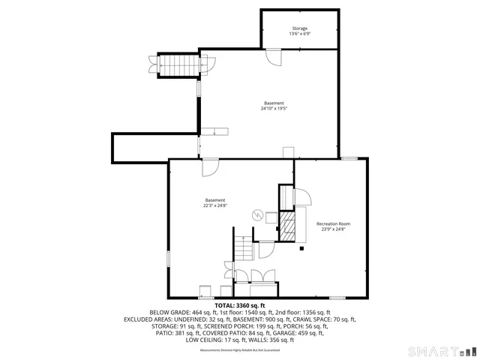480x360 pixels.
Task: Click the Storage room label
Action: (300, 28)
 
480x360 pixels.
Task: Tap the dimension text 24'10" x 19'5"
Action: (274, 109)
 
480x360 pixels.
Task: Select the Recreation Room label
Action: (333, 224)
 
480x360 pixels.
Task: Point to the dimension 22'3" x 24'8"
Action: (215, 205)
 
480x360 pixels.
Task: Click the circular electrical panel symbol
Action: (257, 215)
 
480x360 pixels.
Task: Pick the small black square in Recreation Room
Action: (301, 247)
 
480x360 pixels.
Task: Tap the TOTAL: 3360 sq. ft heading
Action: (240, 305)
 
